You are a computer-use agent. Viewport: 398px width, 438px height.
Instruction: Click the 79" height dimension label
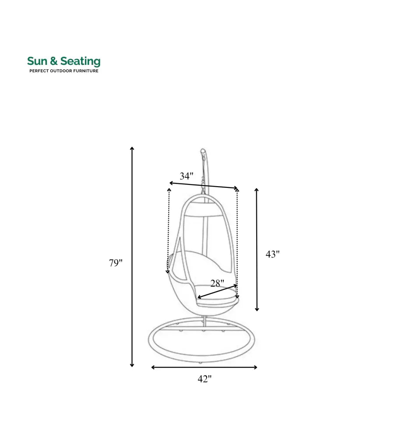coord(116,263)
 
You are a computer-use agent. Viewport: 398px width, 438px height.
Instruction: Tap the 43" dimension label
coord(272,254)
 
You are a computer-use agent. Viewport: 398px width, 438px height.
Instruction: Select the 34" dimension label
coord(187,176)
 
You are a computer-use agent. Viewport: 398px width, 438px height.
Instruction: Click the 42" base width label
coord(204,379)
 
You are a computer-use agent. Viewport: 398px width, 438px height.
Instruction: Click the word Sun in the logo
coord(36,61)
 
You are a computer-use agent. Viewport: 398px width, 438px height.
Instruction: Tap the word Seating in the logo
coord(80,62)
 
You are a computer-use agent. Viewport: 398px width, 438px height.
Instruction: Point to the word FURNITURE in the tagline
coord(86,71)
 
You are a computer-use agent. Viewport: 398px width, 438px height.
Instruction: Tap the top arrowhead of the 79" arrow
coord(132,149)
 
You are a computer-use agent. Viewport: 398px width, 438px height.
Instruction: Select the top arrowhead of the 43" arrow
coord(257,190)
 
